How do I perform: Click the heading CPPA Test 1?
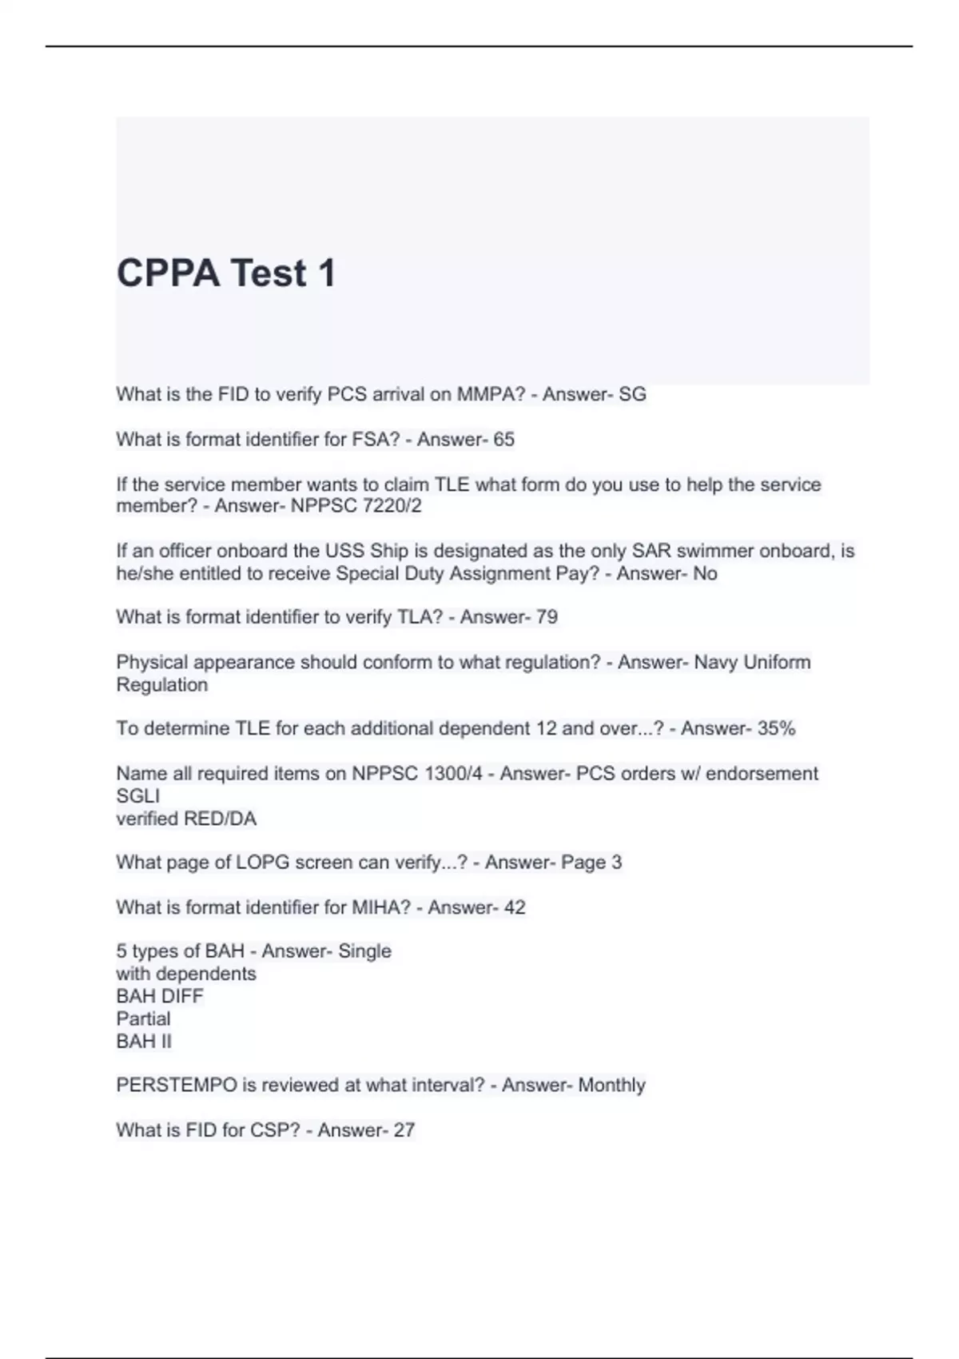point(226,273)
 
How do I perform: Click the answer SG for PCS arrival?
point(632,394)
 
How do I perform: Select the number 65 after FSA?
point(503,440)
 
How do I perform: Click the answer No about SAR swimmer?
point(705,573)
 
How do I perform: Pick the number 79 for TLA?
point(547,617)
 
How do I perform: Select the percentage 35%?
point(776,728)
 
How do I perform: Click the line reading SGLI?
point(137,796)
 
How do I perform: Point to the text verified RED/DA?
point(186,819)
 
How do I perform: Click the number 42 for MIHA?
point(515,907)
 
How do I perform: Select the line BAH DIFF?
point(160,996)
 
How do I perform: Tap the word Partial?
point(143,1018)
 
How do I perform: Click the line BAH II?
point(144,1041)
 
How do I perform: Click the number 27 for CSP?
point(404,1130)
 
